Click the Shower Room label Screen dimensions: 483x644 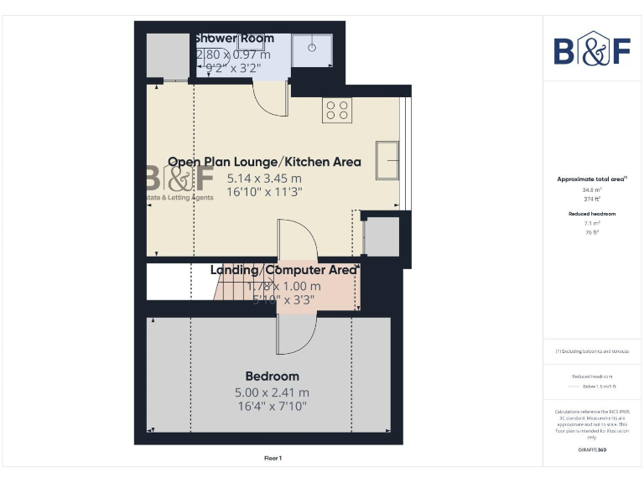click(234, 39)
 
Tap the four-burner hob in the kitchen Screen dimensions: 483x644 click(337, 111)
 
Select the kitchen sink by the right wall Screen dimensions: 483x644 click(387, 160)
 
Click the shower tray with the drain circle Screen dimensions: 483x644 click(312, 49)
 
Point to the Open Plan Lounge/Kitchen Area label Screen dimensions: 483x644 click(264, 162)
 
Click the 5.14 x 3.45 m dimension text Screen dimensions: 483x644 click(264, 178)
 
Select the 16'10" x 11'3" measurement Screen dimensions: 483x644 click(264, 192)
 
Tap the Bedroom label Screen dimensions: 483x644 click(272, 376)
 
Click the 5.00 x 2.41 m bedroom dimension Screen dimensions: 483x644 click(272, 392)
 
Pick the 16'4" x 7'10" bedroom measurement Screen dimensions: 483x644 click(272, 407)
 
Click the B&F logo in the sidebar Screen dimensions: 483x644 click(592, 50)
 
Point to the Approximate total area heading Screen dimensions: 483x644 click(591, 179)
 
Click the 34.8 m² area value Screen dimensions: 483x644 click(592, 190)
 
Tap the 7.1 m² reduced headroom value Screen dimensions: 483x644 click(592, 224)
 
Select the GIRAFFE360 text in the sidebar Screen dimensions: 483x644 click(591, 450)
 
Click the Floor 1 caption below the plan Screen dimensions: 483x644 click(273, 458)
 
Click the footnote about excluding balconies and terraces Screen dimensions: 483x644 click(591, 351)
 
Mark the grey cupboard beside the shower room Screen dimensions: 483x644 click(168, 55)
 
